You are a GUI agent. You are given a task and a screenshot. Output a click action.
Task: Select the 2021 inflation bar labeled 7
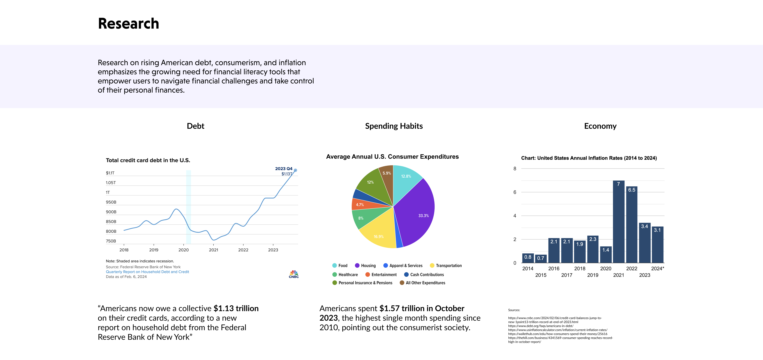618,222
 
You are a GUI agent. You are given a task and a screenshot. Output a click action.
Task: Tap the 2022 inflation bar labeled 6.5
631,225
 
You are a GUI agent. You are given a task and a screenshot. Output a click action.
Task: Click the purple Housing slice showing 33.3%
418,213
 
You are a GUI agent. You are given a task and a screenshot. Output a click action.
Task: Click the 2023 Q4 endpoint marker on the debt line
295,170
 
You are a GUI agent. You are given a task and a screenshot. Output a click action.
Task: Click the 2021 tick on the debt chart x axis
213,250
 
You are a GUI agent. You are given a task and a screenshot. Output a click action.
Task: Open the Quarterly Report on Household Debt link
147,272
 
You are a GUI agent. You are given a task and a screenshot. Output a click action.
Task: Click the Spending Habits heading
394,126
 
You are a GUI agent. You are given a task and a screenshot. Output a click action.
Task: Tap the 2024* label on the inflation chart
657,269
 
